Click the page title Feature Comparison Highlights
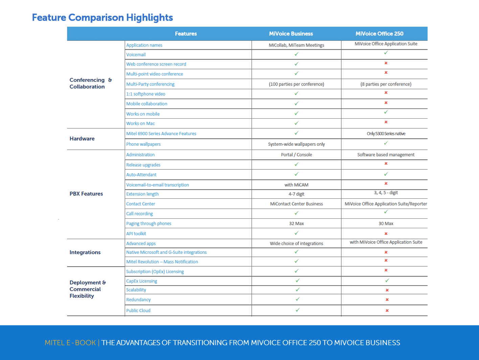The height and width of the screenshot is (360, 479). pos(102,18)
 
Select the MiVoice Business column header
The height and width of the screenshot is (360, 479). pos(291,34)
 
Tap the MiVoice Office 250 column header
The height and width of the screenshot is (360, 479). pos(379,34)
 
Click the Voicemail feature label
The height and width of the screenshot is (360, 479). pos(136,55)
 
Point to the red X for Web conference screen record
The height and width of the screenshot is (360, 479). pos(386,63)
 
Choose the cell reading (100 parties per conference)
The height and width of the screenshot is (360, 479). pos(296,84)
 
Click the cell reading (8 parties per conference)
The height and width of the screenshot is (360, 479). pos(386,84)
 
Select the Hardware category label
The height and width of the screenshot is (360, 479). pos(82,139)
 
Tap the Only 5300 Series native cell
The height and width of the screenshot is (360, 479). pos(386,134)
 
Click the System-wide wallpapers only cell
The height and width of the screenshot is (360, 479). pos(296,144)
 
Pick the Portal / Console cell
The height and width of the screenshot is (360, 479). pos(296,155)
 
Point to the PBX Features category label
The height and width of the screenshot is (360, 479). pos(86,194)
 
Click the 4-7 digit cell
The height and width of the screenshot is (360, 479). pos(296,194)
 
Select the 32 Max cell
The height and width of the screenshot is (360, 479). pos(296,223)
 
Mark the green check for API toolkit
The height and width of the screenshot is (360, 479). pos(296,233)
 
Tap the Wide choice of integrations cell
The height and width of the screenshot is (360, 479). pos(296,243)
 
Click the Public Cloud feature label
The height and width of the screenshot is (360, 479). pos(138,311)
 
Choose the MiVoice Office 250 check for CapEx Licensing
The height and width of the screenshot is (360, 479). pos(387,281)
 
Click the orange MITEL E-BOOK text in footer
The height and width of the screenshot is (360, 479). pos(70,343)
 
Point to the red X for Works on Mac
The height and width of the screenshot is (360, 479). pos(386,122)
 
